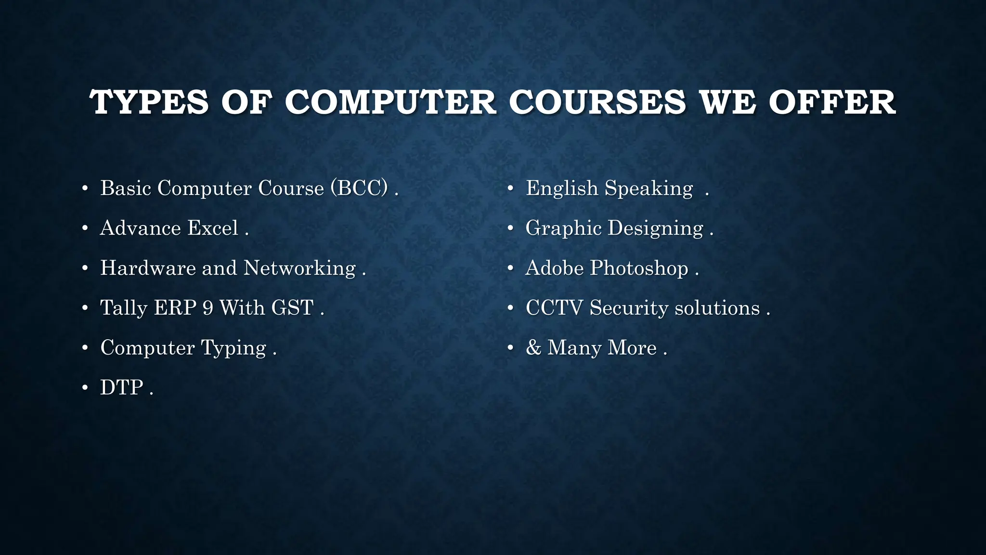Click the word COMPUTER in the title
pos(390,102)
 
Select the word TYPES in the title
pos(149,102)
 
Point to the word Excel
pos(213,228)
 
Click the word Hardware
pos(147,268)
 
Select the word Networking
pos(299,268)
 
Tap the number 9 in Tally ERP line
pos(208,308)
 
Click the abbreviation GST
pos(292,308)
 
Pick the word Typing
pos(234,348)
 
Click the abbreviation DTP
pos(122,388)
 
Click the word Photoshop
pos(639,268)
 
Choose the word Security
pos(629,308)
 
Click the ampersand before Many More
pos(533,348)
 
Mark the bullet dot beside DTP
pos(85,388)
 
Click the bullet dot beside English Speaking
pos(511,188)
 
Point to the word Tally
pos(123,308)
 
